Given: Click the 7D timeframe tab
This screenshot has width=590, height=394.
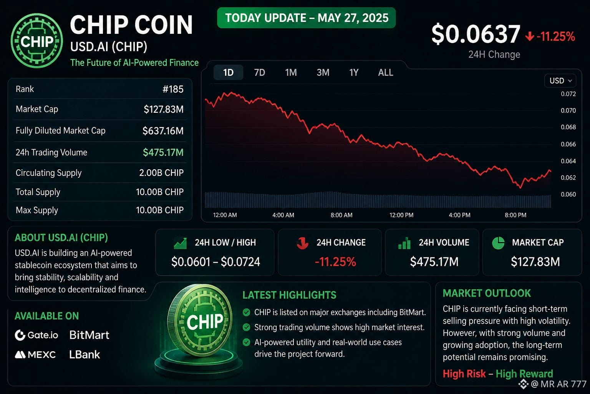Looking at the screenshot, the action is [259, 72].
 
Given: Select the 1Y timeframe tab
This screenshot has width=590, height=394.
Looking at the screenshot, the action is [354, 72].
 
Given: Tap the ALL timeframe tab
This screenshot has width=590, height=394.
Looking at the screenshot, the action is [386, 72].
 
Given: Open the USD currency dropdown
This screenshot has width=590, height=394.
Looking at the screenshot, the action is [560, 80].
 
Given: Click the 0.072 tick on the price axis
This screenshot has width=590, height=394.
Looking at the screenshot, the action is [568, 94].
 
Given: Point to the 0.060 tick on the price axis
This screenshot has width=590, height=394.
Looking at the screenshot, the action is [568, 194].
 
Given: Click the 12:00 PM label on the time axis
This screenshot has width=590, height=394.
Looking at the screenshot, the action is [401, 215].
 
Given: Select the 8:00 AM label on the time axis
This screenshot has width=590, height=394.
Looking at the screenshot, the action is [341, 215].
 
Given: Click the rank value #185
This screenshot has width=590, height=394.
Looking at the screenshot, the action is [173, 89].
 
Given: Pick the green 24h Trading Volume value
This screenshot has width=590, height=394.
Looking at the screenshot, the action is [163, 152].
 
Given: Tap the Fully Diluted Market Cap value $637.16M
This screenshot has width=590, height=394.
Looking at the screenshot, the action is [163, 131].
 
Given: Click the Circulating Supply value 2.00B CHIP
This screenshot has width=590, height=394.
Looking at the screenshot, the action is [161, 173].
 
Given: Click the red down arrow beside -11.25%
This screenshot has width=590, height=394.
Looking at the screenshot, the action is [529, 37].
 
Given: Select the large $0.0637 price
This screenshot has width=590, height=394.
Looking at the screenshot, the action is [476, 34].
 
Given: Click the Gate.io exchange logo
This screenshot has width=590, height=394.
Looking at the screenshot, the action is [36, 335].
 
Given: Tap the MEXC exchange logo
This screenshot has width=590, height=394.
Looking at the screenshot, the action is [35, 355].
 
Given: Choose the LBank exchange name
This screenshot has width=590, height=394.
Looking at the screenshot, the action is [85, 355].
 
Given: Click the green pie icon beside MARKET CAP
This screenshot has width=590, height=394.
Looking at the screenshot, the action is [498, 243].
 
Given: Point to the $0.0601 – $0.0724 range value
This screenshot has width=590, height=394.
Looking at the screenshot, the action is [215, 262].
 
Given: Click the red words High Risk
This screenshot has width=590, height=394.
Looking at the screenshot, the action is [464, 374].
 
